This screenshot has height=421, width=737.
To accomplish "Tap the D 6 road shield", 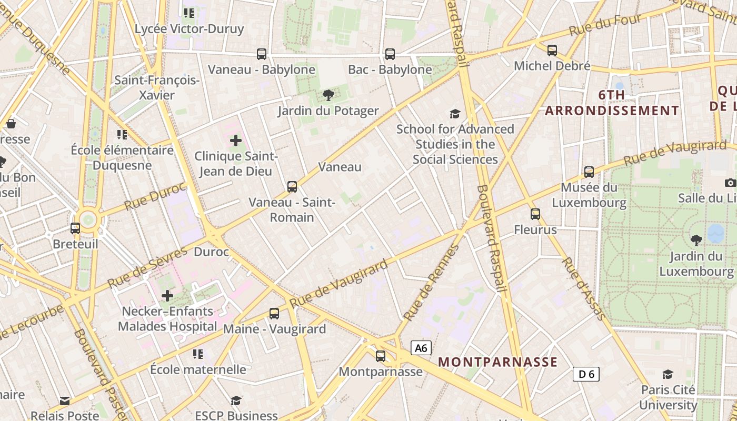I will click(586, 374).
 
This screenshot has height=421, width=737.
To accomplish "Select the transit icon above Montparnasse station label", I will click(381, 356).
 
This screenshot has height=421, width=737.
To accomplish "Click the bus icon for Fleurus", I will click(535, 214).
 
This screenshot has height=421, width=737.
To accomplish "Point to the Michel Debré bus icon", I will click(552, 51).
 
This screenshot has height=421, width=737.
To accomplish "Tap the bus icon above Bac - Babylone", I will click(390, 54).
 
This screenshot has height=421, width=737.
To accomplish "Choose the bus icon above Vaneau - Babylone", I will click(261, 54).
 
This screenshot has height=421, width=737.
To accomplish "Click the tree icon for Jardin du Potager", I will click(328, 95).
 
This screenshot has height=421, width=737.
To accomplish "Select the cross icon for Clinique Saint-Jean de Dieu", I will click(236, 141).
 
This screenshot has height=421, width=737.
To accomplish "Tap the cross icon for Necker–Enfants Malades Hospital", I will click(167, 296).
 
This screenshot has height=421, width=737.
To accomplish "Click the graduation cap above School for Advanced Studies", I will click(455, 114).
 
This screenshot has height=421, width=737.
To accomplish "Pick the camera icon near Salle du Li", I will click(730, 183).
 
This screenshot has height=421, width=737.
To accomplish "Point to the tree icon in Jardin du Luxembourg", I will click(696, 240).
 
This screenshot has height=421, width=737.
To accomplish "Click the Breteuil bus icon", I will click(75, 228).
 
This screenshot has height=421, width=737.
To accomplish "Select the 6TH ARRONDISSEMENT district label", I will click(612, 103).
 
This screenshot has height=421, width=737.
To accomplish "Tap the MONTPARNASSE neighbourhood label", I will click(497, 362).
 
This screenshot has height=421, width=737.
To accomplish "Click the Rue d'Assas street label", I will click(583, 288).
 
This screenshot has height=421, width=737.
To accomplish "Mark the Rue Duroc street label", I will click(155, 195).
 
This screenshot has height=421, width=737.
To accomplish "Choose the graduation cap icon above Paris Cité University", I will click(668, 374).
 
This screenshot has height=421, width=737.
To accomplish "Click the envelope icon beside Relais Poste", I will click(64, 401).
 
